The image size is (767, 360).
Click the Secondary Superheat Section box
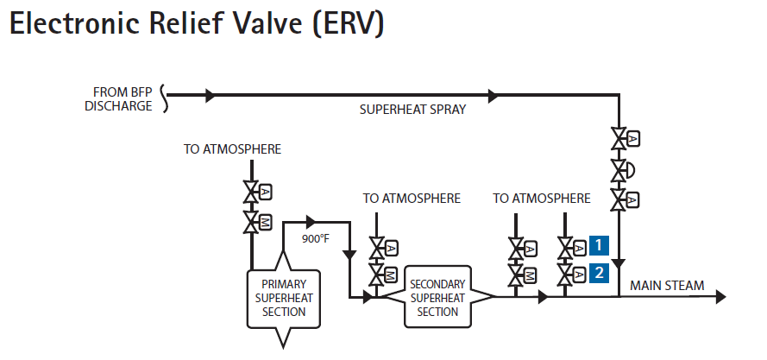point(437,297)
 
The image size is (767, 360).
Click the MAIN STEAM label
point(666,286)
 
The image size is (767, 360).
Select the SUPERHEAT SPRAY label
point(400,110)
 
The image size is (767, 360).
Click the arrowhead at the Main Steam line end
point(720,297)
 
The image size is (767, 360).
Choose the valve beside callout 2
point(566,275)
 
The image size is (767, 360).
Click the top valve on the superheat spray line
point(619,138)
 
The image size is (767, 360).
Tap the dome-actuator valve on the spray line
point(619,169)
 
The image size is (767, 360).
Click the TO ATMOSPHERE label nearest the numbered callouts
point(542,199)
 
